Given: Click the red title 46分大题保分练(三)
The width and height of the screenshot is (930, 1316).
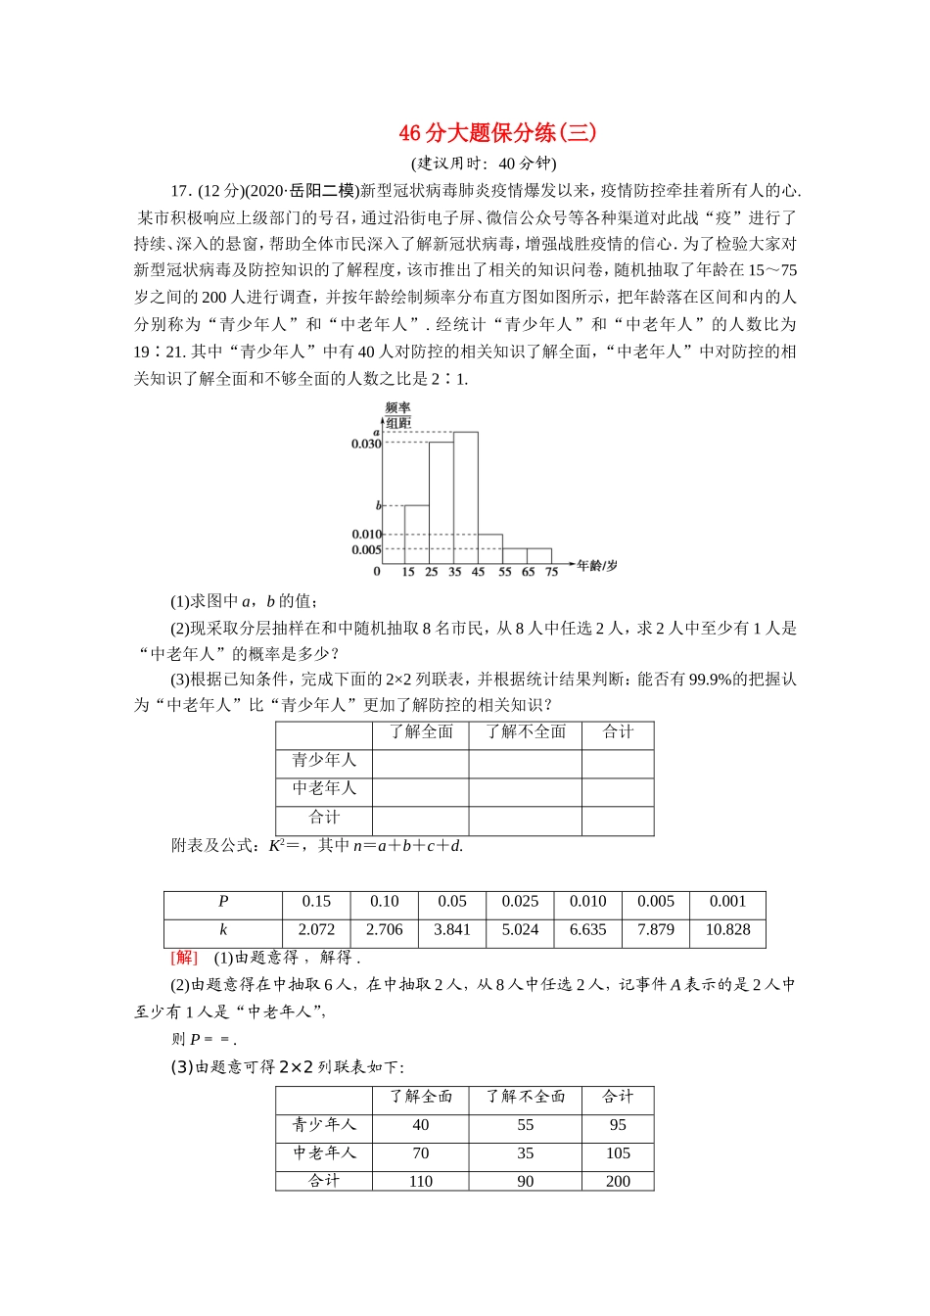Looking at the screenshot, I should pyautogui.click(x=497, y=133).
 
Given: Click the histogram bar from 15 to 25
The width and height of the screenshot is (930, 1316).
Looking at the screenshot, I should pyautogui.click(x=417, y=534).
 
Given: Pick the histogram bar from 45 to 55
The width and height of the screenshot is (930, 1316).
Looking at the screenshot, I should pyautogui.click(x=489, y=549).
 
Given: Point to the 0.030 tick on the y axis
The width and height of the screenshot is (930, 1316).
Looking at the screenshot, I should pyautogui.click(x=366, y=445).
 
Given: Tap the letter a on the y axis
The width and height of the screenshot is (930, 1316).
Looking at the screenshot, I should pyautogui.click(x=376, y=432).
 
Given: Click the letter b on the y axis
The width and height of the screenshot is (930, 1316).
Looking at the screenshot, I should pyautogui.click(x=379, y=506).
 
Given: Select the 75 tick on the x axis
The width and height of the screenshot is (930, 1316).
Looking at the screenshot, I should pyautogui.click(x=551, y=572).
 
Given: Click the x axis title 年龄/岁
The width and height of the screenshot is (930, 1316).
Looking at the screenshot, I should pyautogui.click(x=597, y=566).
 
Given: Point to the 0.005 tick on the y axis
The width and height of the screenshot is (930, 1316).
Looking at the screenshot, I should pyautogui.click(x=366, y=550).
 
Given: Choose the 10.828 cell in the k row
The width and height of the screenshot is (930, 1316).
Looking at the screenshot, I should pyautogui.click(x=727, y=930).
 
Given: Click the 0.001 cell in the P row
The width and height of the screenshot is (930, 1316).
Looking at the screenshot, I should pyautogui.click(x=727, y=902).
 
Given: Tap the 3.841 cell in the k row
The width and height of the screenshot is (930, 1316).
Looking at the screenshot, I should pyautogui.click(x=452, y=930).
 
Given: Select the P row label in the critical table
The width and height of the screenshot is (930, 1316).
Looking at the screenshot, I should pyautogui.click(x=223, y=902).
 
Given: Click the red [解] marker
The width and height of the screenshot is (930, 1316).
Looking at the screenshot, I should pyautogui.click(x=184, y=958).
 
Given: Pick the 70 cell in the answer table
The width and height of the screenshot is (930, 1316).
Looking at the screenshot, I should pyautogui.click(x=421, y=1153).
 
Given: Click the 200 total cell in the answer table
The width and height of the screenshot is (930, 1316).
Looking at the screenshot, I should pyautogui.click(x=618, y=1181).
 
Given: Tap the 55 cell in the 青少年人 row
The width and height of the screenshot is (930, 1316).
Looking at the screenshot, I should pyautogui.click(x=526, y=1126).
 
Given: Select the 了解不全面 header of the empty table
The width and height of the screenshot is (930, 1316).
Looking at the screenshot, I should pyautogui.click(x=526, y=732).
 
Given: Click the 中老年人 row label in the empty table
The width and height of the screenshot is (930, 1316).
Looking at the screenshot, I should pyautogui.click(x=324, y=788).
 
